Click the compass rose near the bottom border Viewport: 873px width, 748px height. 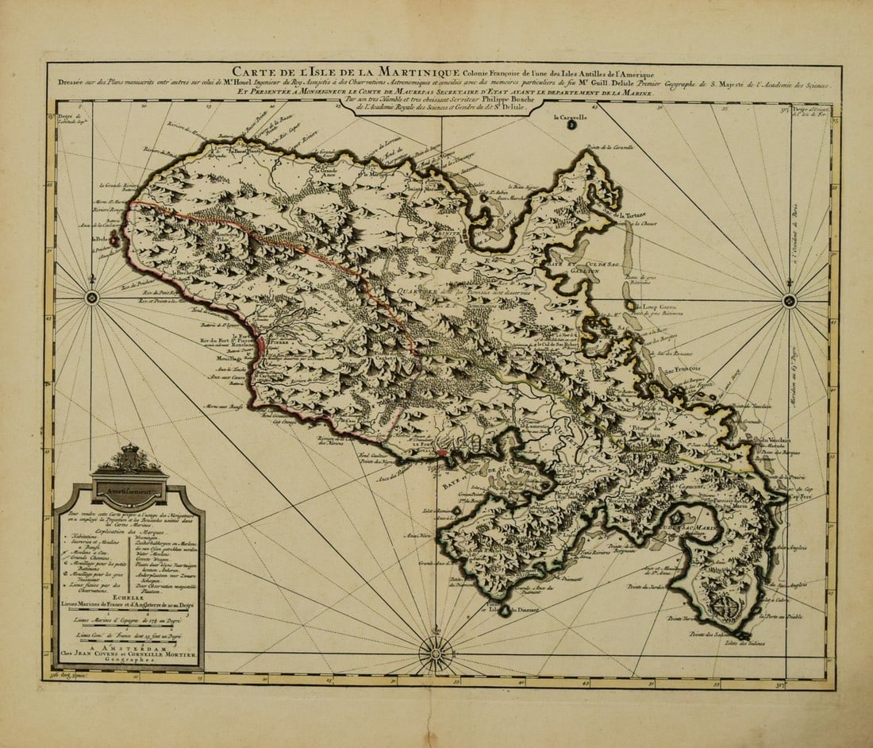[x=436, y=654]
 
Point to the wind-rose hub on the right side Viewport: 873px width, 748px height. [x=789, y=300]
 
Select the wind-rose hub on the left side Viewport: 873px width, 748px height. [x=92, y=298]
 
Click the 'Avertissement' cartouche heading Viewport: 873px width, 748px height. [x=129, y=491]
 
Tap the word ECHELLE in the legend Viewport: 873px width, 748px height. [x=129, y=595]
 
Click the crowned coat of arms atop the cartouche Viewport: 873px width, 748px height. [x=129, y=459]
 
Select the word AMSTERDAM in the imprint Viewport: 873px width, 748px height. [x=128, y=646]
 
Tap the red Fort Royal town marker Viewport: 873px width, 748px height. [x=442, y=453]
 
